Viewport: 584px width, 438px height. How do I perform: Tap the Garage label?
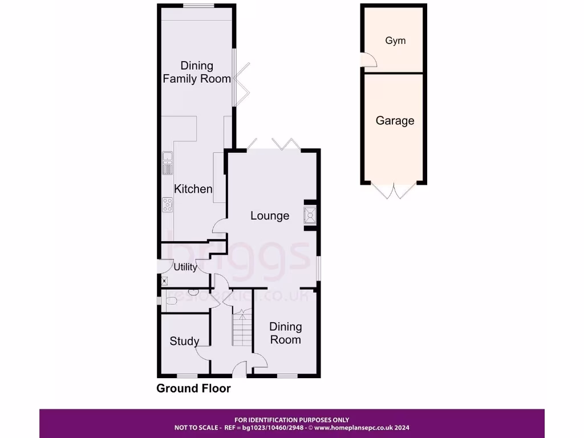tap(395, 121)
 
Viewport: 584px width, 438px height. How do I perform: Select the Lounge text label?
tap(270, 216)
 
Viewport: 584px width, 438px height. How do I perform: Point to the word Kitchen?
tap(193, 189)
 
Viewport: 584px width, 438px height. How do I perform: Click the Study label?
tap(184, 342)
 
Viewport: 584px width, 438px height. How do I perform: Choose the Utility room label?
tap(185, 267)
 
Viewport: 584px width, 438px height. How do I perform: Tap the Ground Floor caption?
tap(194, 388)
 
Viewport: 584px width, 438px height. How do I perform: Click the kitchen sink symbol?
tap(168, 163)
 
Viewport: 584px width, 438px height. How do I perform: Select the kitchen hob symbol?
tap(168, 204)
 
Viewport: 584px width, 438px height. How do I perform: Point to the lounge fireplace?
tap(311, 216)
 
